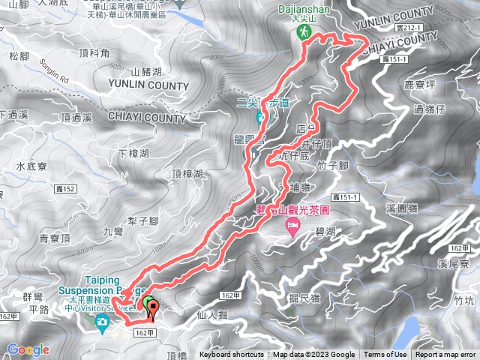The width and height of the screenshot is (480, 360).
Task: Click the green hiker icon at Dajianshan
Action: tap(305, 32)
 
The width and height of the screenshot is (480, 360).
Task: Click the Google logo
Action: tap(28, 349)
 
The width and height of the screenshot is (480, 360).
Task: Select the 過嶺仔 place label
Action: tap(429, 109)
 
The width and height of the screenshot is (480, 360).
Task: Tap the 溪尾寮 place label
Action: tap(454, 263)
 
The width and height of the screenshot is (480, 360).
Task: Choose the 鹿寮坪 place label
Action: tap(420, 85)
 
